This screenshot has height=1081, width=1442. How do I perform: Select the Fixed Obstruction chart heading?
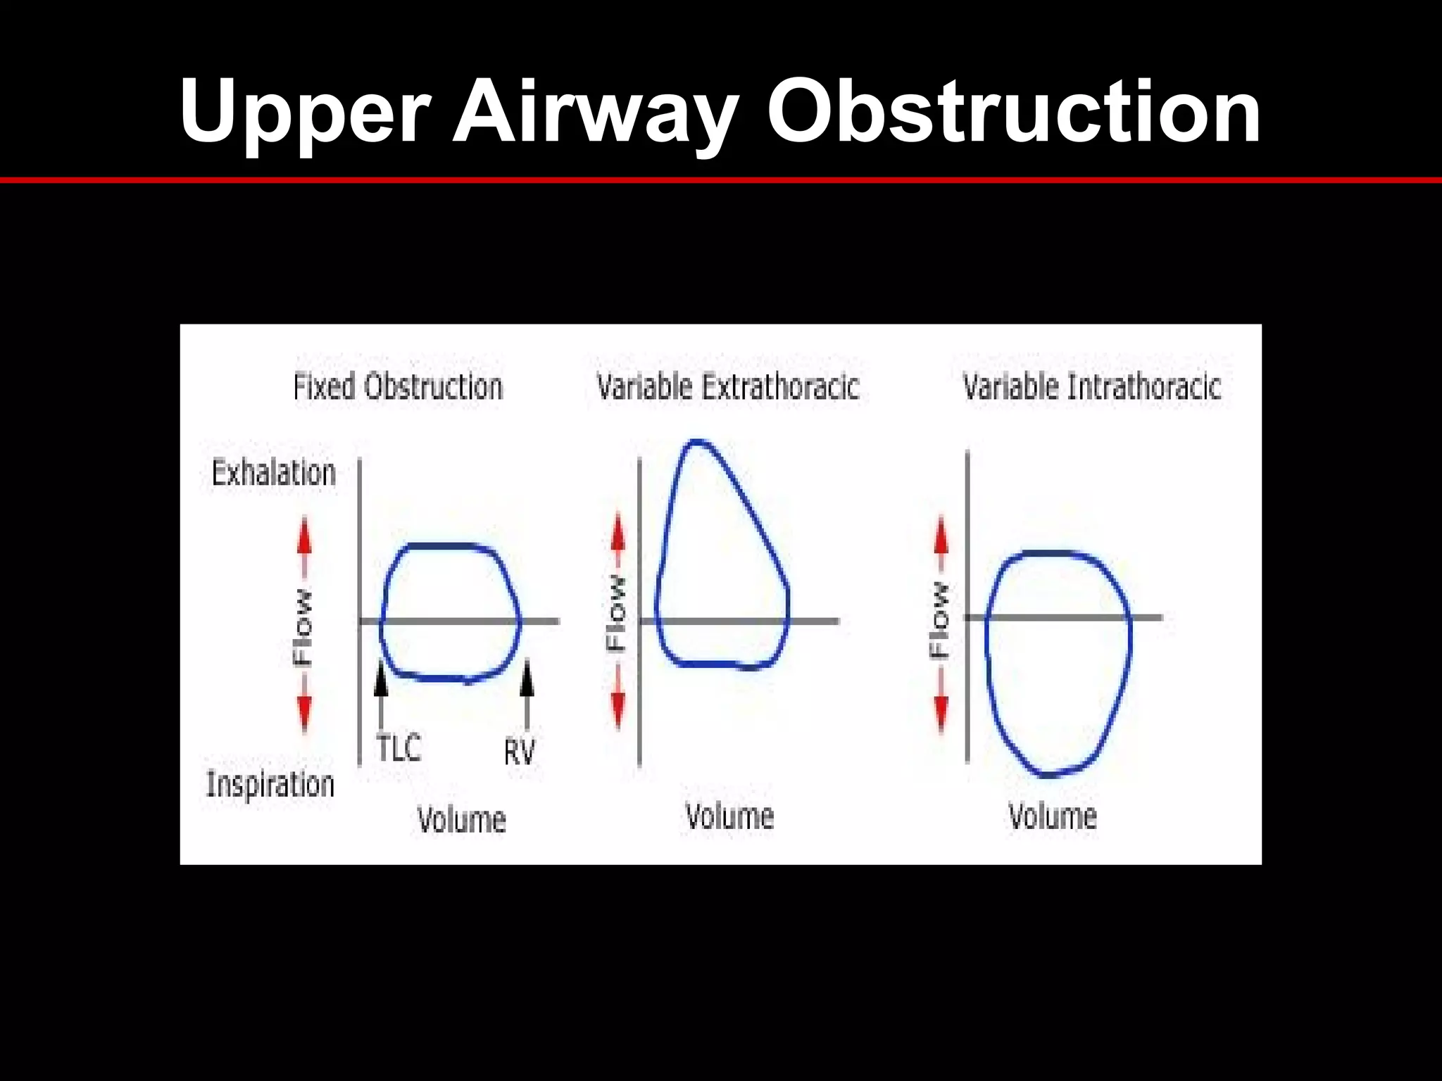tap(398, 387)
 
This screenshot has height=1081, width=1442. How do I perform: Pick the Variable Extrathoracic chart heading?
tap(728, 387)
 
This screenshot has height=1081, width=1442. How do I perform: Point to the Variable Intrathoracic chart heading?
tap(1091, 387)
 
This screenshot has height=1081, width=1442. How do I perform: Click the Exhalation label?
tap(274, 473)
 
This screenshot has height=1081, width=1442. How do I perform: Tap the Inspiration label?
tap(270, 784)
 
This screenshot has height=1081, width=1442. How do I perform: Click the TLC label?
tap(399, 747)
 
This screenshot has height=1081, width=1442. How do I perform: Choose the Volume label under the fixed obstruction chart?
tap(462, 820)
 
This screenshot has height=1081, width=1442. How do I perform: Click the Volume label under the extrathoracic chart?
tap(730, 816)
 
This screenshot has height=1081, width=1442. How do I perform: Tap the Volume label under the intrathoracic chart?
tap(1053, 816)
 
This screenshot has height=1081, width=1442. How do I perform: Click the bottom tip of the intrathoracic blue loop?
tap(1049, 775)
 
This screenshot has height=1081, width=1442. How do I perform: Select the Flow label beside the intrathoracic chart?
tap(940, 620)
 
